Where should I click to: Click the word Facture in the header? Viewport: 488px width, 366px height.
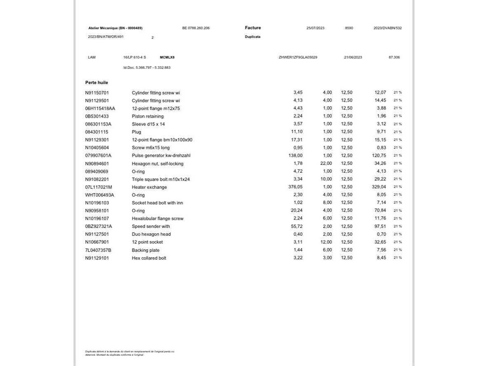coord(253,28)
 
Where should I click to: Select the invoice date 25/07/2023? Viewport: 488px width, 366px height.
coord(315,28)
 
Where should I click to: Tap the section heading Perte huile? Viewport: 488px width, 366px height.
coord(97,82)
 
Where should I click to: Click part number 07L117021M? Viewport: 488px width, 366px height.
coord(99,187)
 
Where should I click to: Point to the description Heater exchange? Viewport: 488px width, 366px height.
coord(149,187)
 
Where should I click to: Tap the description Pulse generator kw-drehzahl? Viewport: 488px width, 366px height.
coord(161,155)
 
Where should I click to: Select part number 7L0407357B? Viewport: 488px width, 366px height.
coord(98,250)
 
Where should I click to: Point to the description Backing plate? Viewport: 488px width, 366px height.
coord(146,250)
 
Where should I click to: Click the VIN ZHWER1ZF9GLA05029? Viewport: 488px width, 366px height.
coord(298,57)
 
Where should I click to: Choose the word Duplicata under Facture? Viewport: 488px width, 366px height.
coord(253,37)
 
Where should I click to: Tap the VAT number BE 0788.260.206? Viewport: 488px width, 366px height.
coord(196,28)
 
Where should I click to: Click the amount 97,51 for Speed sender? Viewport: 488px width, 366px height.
coord(380,226)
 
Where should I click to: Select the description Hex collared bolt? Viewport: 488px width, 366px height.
coord(149,258)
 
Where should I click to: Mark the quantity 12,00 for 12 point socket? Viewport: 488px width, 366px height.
coord(326,242)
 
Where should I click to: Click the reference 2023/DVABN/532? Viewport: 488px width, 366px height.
coord(387,28)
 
